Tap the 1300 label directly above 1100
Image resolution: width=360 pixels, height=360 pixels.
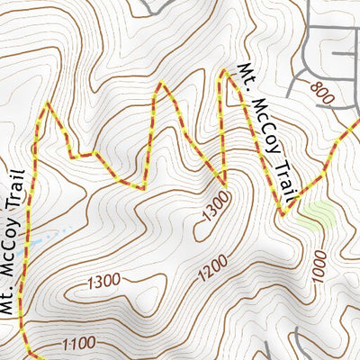coord(103,282)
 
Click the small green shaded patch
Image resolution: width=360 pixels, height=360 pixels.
coord(315,213)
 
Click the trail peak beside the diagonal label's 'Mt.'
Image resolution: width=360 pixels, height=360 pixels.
coord(224,70)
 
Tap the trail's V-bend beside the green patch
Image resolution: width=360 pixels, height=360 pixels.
coord(284,214)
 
